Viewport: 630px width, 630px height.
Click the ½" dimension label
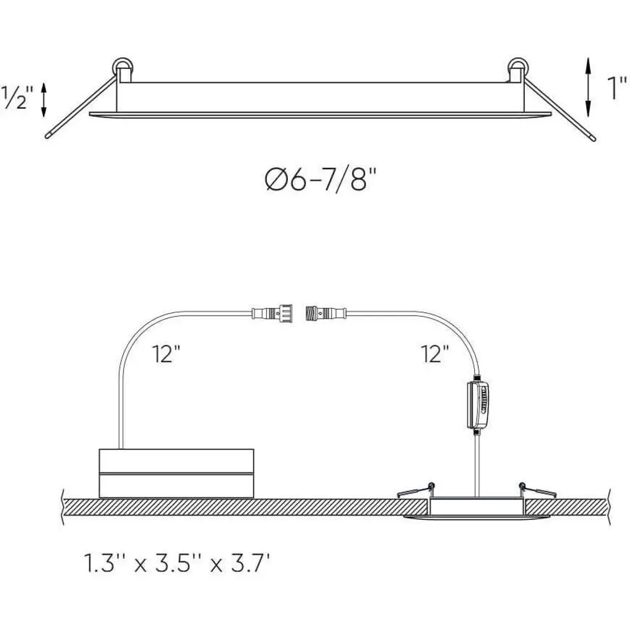(x=17, y=98)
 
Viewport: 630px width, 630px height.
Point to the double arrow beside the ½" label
(x=44, y=100)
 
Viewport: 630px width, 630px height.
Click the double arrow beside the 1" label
(x=588, y=87)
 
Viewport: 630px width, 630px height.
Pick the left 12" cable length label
(x=166, y=354)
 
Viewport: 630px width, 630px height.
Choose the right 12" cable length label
(x=435, y=354)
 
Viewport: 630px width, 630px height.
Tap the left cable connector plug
(x=273, y=313)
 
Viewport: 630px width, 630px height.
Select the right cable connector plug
(x=326, y=313)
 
